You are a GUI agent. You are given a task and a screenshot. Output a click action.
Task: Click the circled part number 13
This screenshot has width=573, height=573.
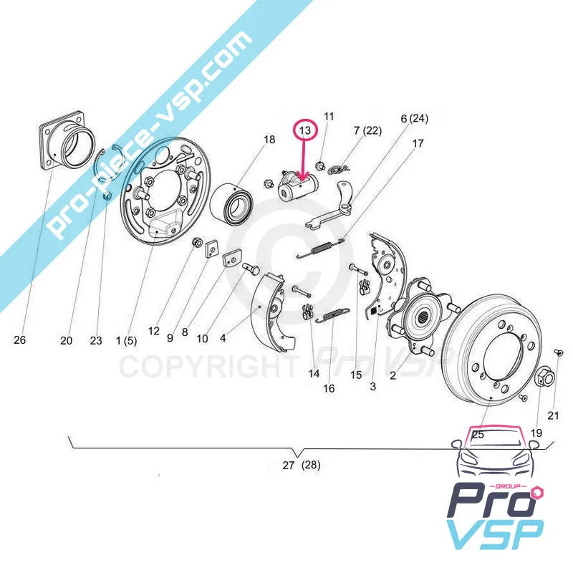pyautogui.click(x=305, y=130)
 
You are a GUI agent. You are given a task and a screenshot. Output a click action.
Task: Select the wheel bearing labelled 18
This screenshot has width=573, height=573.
pyautogui.click(x=229, y=203)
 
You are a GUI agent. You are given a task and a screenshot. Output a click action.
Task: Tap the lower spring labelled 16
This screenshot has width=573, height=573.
pyautogui.click(x=332, y=315)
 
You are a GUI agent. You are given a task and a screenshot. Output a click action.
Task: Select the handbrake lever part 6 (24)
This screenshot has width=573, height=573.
pyautogui.click(x=330, y=206)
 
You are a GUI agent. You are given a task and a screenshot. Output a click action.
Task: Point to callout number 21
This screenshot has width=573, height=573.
pyautogui.click(x=553, y=415)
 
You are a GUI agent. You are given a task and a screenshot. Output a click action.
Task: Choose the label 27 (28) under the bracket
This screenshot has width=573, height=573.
pyautogui.click(x=302, y=465)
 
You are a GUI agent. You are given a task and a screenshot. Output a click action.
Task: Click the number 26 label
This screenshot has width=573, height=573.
pyautogui.click(x=20, y=340)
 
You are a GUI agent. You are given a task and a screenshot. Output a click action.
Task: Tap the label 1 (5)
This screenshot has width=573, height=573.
pyautogui.click(x=127, y=341)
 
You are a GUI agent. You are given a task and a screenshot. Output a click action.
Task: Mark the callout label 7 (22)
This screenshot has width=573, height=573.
pyautogui.click(x=367, y=130)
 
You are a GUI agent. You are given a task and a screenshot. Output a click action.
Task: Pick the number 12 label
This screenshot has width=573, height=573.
pyautogui.click(x=154, y=331)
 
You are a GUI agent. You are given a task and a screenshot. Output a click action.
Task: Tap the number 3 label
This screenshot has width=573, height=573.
pyautogui.click(x=372, y=386)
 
